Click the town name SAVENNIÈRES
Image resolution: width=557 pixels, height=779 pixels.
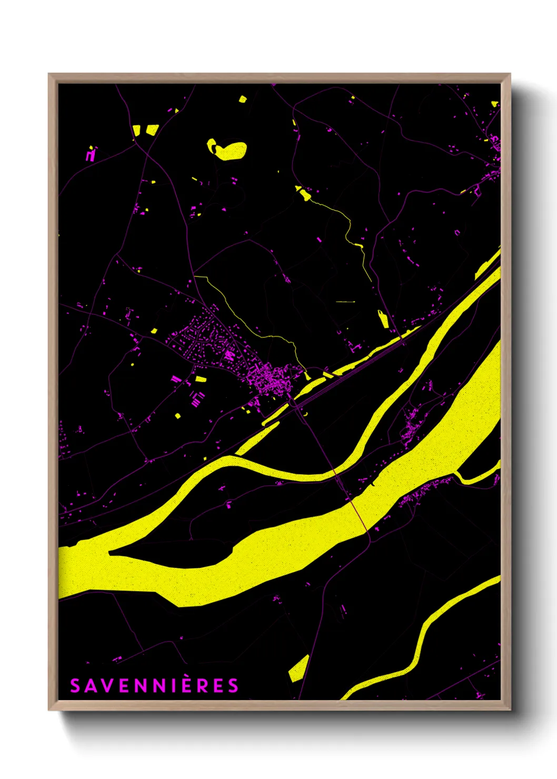(154, 686)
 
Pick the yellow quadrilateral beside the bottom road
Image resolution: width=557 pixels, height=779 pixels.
(299, 669)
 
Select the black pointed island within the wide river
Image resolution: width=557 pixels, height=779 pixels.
(174, 553)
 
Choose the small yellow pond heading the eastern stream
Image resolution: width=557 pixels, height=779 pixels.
(303, 194)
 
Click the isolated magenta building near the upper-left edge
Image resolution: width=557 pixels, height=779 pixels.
(91, 155)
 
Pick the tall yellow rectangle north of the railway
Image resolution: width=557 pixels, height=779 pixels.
(383, 319)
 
